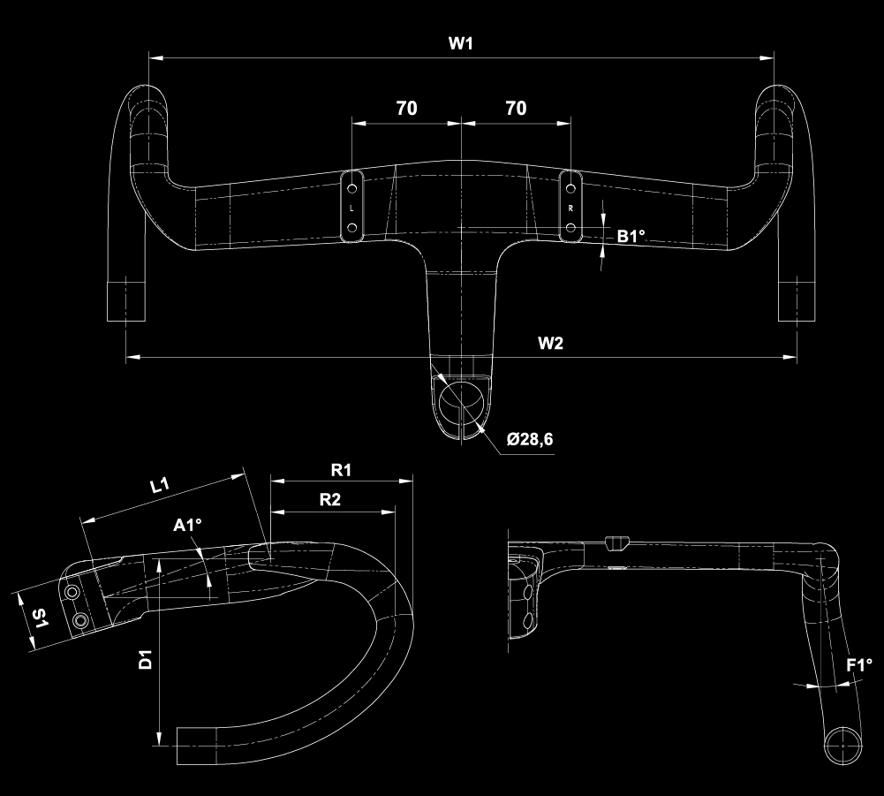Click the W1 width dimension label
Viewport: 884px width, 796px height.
point(460,44)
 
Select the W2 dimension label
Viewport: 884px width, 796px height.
point(550,344)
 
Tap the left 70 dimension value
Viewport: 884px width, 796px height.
point(406,108)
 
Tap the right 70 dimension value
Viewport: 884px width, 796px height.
point(516,108)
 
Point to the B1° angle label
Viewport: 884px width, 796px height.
point(631,236)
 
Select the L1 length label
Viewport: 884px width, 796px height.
point(161,484)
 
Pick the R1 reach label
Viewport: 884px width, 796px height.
point(342,469)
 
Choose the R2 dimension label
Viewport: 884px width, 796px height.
point(330,499)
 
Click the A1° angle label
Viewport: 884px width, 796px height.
point(187,527)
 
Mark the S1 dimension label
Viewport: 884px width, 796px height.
point(40,619)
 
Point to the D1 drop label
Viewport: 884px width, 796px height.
point(147,659)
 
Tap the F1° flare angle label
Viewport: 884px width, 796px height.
point(859,665)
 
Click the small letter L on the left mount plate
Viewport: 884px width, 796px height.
point(352,209)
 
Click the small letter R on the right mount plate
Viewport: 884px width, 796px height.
point(571,208)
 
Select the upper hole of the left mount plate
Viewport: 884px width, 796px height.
point(352,189)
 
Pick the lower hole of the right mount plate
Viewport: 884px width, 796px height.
point(571,229)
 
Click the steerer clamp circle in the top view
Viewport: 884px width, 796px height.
point(461,399)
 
